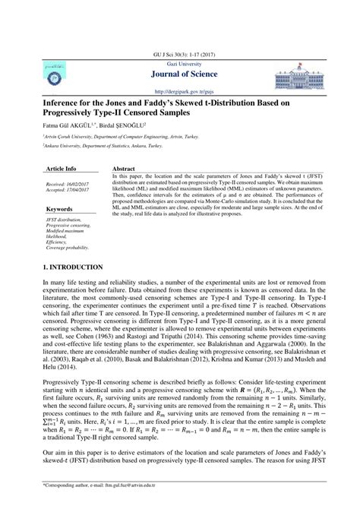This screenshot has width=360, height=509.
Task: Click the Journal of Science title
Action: click(x=180, y=74)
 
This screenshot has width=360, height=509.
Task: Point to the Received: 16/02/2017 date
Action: click(x=67, y=184)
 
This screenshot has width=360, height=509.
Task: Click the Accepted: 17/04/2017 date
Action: click(x=67, y=190)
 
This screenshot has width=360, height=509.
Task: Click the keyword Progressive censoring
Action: click(x=70, y=226)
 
